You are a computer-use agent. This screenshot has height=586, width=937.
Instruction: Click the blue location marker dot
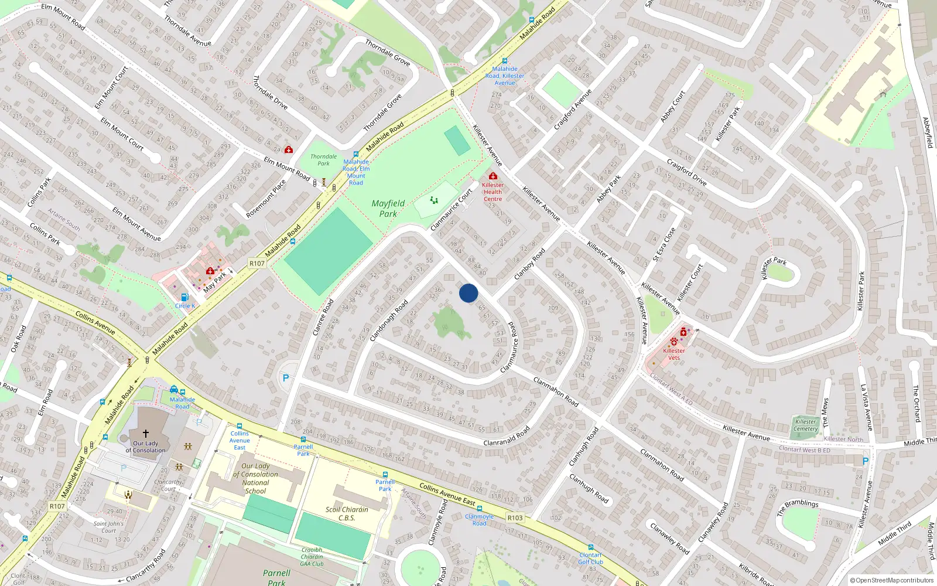[x=468, y=293]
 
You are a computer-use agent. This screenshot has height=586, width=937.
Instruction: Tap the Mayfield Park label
[x=388, y=209]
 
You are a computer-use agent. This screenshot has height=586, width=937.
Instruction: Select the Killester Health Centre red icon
[x=493, y=176]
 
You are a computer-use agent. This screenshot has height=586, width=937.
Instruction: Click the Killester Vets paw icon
[x=674, y=341]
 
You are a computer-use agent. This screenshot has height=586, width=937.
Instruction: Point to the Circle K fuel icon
[x=184, y=298]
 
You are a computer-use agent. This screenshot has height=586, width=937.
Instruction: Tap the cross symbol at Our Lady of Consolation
[x=146, y=434]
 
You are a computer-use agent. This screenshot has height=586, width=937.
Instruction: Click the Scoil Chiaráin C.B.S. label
[x=347, y=513]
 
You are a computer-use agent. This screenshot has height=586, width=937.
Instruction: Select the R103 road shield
[x=515, y=518]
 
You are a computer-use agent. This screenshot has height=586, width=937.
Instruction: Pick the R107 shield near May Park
[x=257, y=264]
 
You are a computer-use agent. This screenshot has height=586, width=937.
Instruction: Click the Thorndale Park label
[x=323, y=160]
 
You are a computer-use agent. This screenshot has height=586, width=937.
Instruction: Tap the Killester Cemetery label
[x=805, y=425]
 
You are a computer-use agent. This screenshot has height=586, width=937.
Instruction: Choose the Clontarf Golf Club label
[x=590, y=558]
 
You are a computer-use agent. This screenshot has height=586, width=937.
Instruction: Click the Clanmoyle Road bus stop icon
[x=480, y=509]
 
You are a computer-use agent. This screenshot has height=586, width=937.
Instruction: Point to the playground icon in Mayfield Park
[x=434, y=200]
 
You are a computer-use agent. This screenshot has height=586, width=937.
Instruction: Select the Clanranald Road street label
[x=507, y=435]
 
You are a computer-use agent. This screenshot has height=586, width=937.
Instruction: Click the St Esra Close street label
[x=664, y=244]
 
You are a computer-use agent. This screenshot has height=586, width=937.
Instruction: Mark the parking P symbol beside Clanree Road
[x=286, y=378]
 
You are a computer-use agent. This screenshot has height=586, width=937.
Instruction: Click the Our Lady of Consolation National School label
[x=256, y=479]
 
